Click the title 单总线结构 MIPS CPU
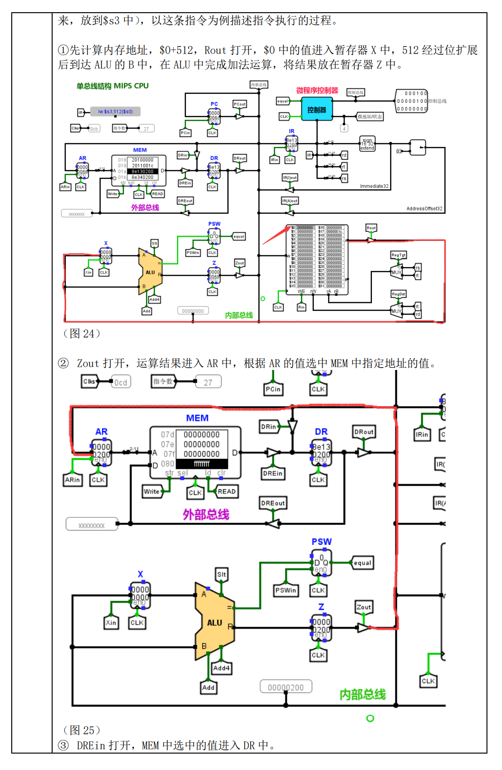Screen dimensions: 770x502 coord(113,86)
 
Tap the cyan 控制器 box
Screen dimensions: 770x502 coord(317,109)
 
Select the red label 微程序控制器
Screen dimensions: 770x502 coord(317,90)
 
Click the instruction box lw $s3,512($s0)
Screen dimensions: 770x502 coord(116,112)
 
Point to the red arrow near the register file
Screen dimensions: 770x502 coord(276,235)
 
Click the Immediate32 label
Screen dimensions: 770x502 coord(374,186)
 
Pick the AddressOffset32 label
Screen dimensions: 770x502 coord(424,208)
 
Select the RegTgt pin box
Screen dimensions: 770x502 coord(398,255)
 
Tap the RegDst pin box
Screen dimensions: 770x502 coord(398,294)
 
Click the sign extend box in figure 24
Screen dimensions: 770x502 coord(367,144)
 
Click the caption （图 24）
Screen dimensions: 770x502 coord(82,333)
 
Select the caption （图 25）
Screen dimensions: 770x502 coord(82,730)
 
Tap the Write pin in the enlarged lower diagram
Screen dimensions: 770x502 coord(151,492)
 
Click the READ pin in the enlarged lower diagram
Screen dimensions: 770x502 coord(226,492)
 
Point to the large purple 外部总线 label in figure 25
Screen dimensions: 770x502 coord(206,515)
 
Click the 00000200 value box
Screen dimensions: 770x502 coord(286,687)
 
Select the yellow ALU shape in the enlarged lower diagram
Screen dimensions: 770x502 coord(214,622)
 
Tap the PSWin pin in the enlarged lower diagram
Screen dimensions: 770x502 coord(286,590)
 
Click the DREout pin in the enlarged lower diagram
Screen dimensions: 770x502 coord(273,503)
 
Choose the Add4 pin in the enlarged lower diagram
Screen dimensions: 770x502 coord(221,668)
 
